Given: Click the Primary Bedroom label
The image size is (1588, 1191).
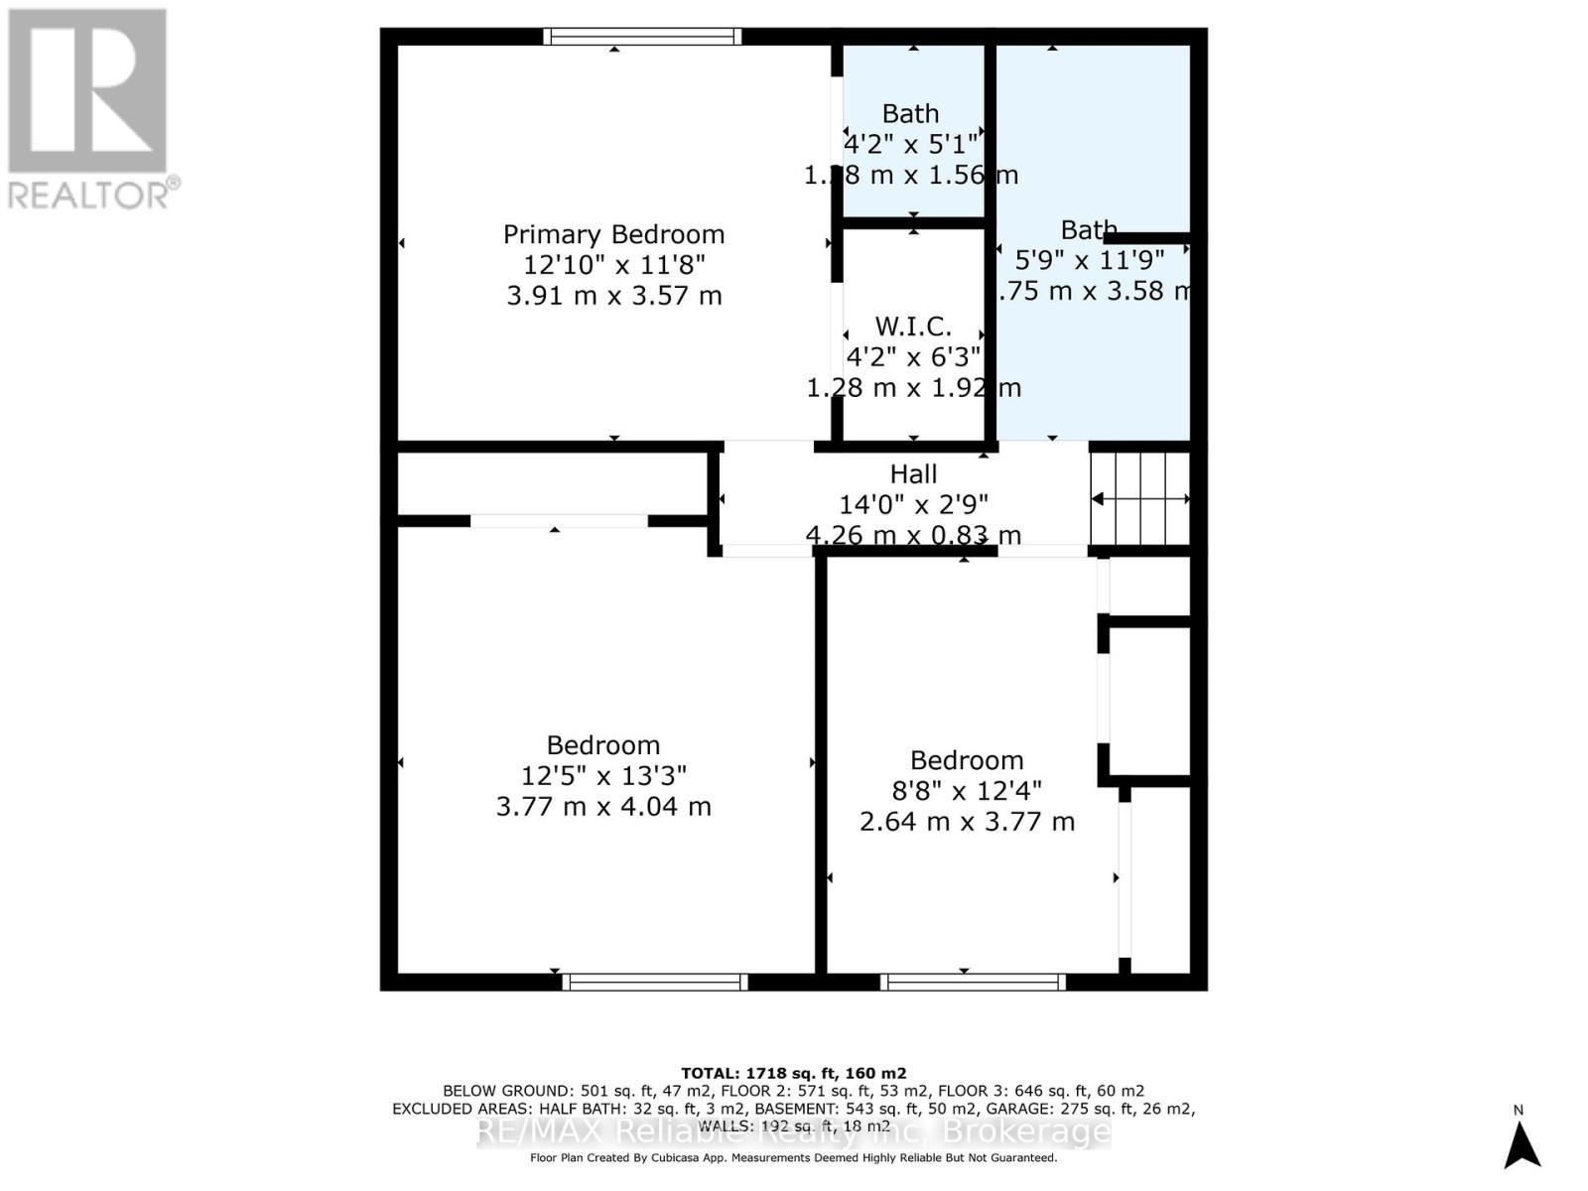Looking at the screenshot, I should (613, 234).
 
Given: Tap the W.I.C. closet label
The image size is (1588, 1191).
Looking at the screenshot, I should (913, 326).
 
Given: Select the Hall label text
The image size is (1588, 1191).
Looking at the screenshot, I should (913, 473).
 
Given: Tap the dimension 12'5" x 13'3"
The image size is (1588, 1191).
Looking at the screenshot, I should (603, 775).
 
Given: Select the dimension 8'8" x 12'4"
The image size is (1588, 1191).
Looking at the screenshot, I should (966, 791).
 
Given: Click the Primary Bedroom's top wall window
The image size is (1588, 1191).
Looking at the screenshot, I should (642, 37).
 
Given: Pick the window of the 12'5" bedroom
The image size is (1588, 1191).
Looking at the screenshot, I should (655, 982).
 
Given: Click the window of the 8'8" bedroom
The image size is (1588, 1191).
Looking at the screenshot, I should (973, 982).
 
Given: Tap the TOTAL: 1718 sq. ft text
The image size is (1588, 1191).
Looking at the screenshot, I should (793, 1073).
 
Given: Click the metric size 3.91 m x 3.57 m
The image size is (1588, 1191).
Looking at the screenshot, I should (613, 296).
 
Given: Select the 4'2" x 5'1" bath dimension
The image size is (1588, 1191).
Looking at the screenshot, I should (910, 145).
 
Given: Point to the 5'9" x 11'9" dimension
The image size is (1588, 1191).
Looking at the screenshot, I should (1089, 260).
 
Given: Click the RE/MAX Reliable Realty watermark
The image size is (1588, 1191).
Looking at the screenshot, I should (793, 1131).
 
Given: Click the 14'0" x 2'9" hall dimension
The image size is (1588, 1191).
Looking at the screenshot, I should (913, 504).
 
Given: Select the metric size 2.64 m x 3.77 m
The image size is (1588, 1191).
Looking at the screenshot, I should (966, 822).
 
